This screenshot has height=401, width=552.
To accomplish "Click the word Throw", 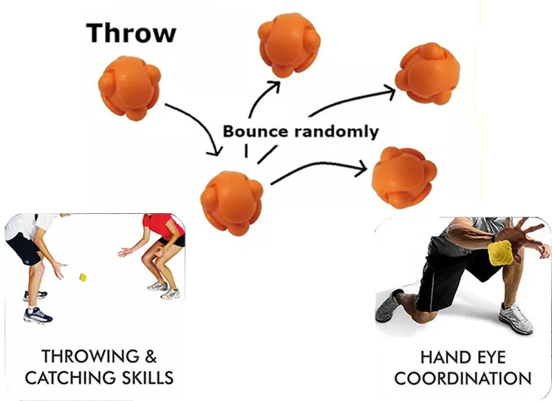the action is click(131, 33).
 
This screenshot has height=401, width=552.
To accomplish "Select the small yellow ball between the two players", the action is click(83, 277).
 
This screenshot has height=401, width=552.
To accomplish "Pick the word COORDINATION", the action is click(463, 378).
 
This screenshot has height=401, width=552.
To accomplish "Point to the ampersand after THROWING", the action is click(150, 357).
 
